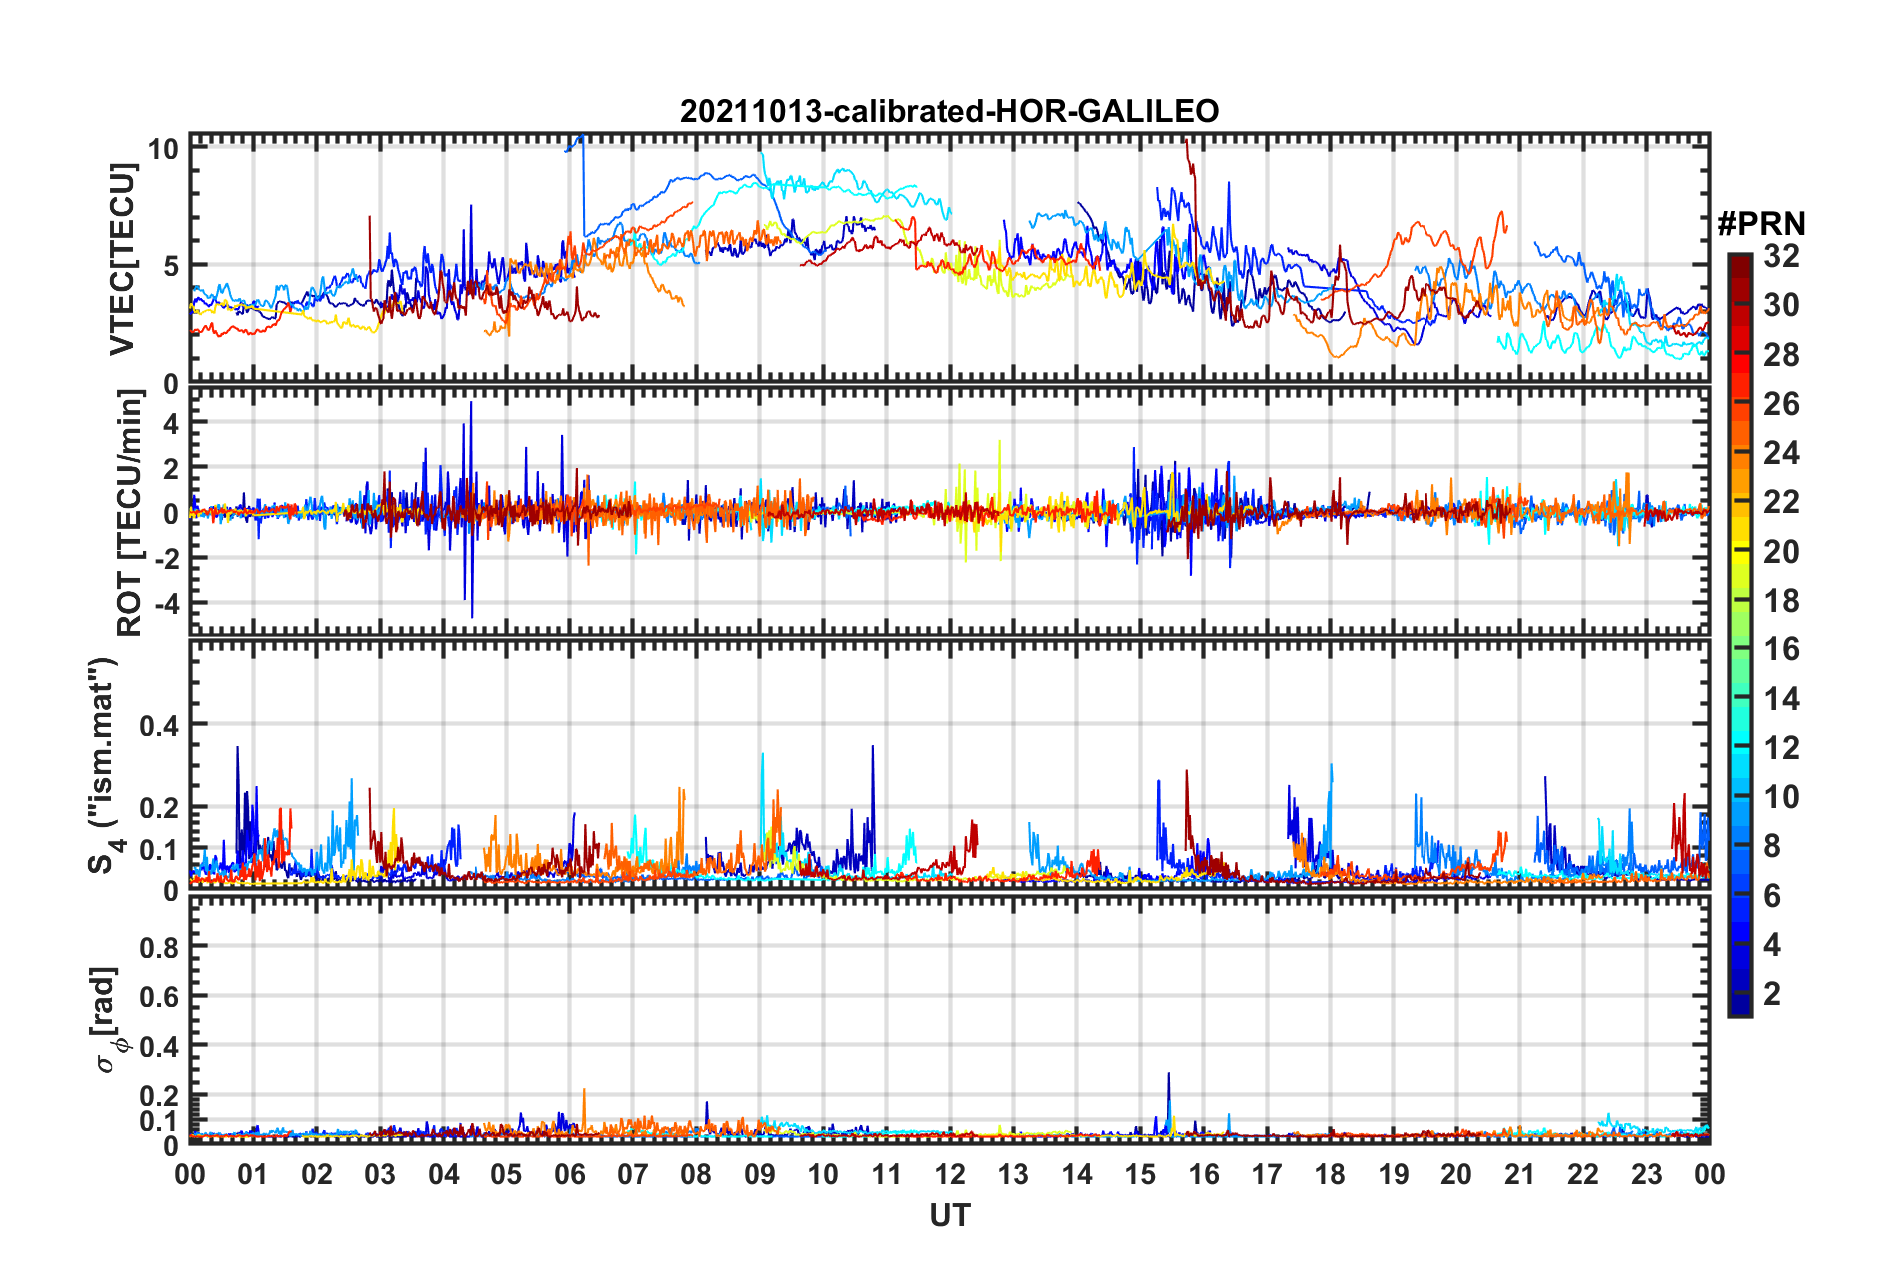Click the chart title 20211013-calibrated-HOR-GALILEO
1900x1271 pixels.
coord(949,111)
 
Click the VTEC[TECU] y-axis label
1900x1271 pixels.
coord(122,259)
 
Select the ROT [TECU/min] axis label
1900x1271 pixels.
coord(129,513)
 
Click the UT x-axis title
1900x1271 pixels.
coord(949,1215)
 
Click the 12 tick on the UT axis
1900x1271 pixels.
coord(950,1174)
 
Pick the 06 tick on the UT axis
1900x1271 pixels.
coord(569,1174)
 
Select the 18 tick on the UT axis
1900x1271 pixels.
coord(1330,1174)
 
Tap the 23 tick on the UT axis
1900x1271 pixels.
coord(1646,1174)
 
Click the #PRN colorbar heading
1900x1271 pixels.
coord(1761,223)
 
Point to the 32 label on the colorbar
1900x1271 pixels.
coord(1781,256)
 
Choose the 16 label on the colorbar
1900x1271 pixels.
coord(1781,649)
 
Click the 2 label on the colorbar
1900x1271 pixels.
coord(1772,994)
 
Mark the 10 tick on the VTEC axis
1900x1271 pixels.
coord(163,150)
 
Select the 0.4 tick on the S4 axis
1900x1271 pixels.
coord(159,725)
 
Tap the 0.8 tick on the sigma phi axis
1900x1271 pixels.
coord(159,947)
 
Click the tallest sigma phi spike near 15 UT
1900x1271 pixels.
coord(1168,1075)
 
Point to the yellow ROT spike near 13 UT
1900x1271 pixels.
coord(999,442)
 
